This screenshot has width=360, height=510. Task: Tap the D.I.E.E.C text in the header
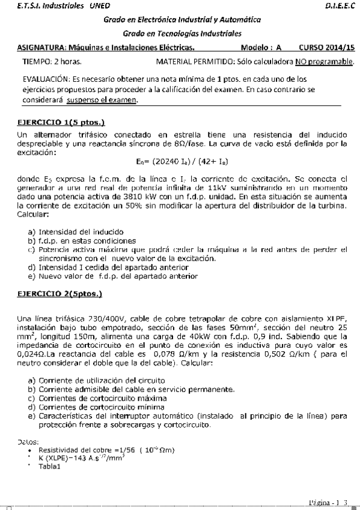pos(341,5)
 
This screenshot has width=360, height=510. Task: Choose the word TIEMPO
pos(35,62)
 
